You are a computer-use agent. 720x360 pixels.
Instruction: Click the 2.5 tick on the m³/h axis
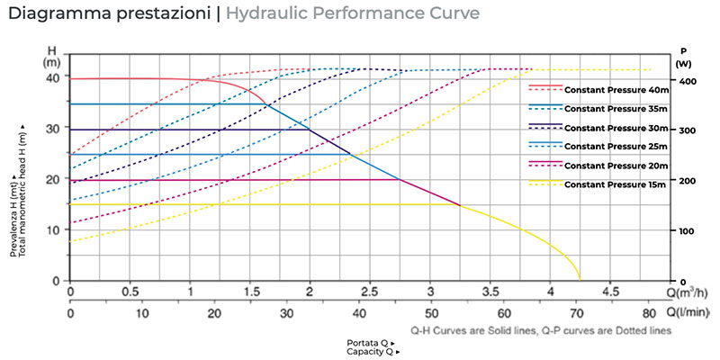tap(370, 292)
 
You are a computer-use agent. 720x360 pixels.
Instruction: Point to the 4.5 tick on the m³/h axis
tap(609, 292)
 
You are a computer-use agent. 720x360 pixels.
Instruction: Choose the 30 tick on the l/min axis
tap(287, 314)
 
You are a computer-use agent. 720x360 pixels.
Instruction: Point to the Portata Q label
tap(370, 344)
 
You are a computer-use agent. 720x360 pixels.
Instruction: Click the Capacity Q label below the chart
tap(370, 352)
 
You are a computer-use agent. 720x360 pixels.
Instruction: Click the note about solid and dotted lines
tap(541, 330)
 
